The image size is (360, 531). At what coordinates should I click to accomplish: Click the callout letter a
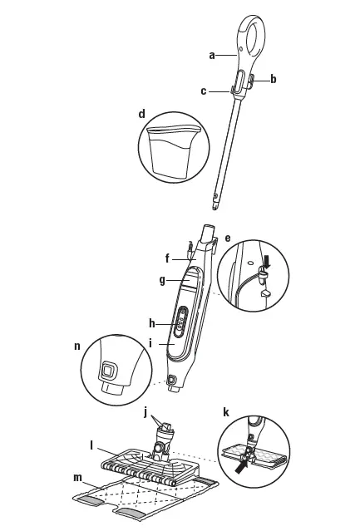click(x=212, y=55)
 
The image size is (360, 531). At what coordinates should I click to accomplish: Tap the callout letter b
click(x=274, y=79)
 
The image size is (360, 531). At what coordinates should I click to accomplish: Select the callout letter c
click(x=203, y=91)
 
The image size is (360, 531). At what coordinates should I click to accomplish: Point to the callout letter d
click(x=142, y=112)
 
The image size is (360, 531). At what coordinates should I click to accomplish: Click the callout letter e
click(x=229, y=237)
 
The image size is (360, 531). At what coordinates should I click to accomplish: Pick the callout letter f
click(x=167, y=257)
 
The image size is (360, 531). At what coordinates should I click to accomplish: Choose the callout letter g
click(x=162, y=280)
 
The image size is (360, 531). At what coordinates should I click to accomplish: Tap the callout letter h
click(x=152, y=322)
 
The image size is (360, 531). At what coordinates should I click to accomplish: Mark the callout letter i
click(x=152, y=342)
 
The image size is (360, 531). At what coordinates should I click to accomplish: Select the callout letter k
click(x=226, y=411)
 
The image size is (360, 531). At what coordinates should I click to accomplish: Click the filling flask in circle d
click(x=172, y=150)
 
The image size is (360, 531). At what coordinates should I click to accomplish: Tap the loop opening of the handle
click(x=255, y=33)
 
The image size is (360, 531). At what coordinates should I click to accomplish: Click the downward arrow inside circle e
click(x=267, y=263)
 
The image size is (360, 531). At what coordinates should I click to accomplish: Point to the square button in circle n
click(x=107, y=367)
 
